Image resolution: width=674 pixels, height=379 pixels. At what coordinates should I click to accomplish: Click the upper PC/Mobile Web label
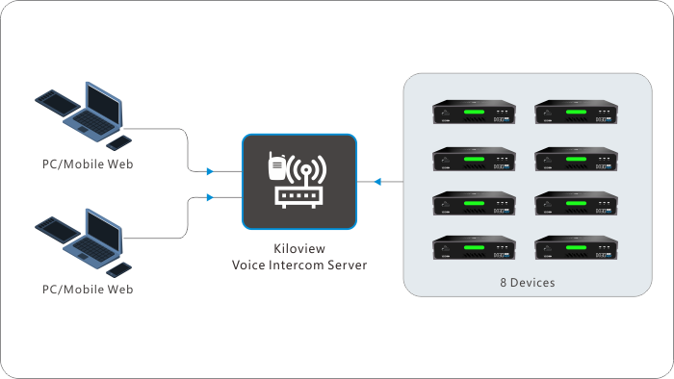[x=88, y=164]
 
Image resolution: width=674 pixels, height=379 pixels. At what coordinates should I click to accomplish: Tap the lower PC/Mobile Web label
[x=88, y=290]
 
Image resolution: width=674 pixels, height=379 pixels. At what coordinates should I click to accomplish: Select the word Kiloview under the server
[x=299, y=248]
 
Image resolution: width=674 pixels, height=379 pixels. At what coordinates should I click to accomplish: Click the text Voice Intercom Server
[x=299, y=265]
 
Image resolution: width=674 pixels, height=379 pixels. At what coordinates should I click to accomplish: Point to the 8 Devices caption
[x=528, y=283]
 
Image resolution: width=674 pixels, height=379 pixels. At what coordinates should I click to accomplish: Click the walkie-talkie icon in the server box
[x=276, y=166]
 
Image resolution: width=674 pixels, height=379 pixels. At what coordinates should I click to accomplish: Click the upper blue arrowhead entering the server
[x=210, y=171]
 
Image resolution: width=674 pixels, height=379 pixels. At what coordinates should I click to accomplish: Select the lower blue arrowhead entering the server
[x=210, y=197]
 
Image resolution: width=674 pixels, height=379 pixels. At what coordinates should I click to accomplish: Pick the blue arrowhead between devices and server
[x=377, y=182]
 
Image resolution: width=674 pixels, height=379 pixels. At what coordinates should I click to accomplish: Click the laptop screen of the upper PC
[x=103, y=104]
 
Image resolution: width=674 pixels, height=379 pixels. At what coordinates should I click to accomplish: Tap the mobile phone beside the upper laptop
[x=119, y=143]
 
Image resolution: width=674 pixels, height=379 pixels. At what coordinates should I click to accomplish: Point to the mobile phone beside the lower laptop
[x=119, y=270]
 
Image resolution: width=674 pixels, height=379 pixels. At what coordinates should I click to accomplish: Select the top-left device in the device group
[x=474, y=112]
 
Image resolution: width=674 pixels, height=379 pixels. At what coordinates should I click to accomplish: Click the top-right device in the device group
[x=577, y=112]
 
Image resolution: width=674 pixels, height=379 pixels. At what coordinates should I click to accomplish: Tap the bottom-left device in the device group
[x=474, y=247]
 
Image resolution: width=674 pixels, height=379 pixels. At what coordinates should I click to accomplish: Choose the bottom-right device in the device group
[x=577, y=247]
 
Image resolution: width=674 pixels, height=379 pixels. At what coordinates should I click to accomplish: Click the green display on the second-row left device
[x=474, y=159]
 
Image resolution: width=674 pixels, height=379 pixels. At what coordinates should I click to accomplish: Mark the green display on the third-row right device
[x=577, y=204]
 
